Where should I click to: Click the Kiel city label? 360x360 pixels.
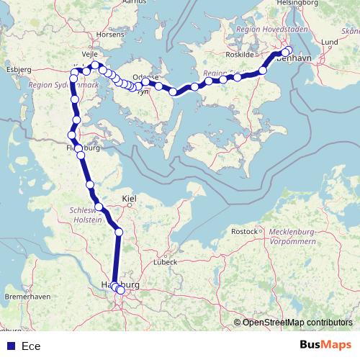click(130, 197)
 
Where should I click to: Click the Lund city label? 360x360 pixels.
click(330, 42)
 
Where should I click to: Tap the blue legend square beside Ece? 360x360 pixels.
click(10, 346)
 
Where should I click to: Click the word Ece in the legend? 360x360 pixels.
click(31, 346)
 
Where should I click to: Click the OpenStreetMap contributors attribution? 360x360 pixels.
click(297, 323)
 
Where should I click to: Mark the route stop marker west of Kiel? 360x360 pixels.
click(99, 208)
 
